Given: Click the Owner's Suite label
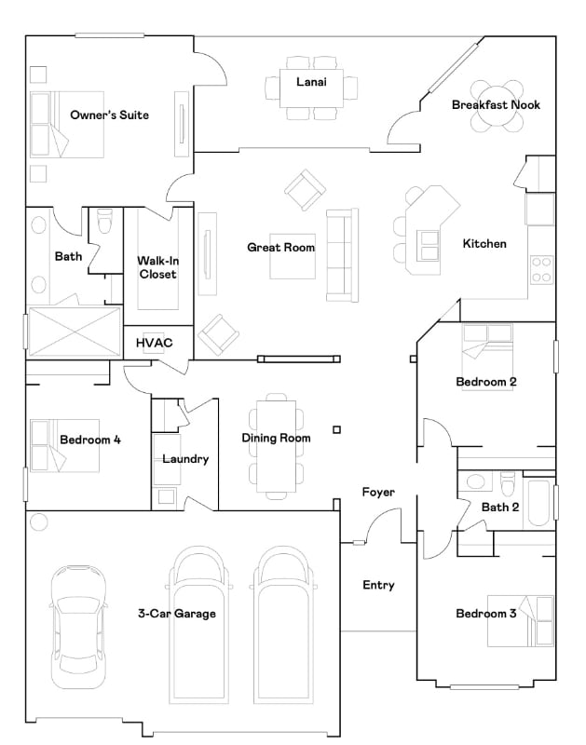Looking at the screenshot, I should (109, 115).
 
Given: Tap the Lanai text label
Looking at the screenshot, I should (311, 81).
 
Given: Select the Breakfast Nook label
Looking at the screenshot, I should (496, 105).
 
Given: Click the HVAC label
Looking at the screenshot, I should (155, 343).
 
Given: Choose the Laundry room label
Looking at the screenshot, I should (185, 459).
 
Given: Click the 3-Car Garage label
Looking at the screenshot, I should (177, 614).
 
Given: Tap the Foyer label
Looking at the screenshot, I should (378, 492).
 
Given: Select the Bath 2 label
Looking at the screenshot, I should (500, 508).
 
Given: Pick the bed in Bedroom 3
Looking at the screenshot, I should (521, 620).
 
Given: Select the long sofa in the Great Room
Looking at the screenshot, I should (341, 254).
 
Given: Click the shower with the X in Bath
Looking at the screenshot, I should (75, 331).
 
